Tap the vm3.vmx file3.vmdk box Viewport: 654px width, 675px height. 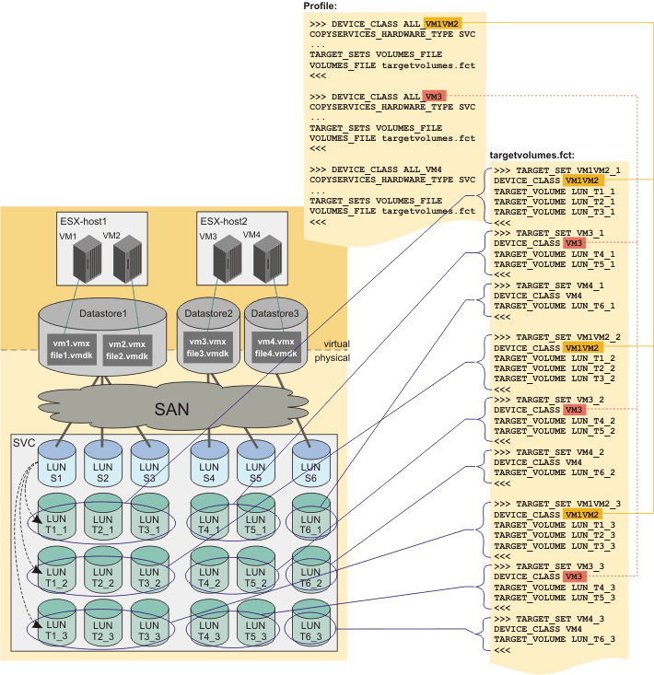pos(208,348)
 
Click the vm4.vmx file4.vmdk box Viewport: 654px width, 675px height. pos(275,348)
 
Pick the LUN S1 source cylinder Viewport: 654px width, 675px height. pos(56,463)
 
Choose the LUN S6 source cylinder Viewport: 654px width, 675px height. pos(310,463)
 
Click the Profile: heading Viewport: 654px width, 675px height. pos(321,6)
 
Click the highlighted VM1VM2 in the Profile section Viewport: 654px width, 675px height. pos(443,22)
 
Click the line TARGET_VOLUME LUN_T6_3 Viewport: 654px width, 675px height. pos(555,639)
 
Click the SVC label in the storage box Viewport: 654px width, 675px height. pos(23,443)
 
